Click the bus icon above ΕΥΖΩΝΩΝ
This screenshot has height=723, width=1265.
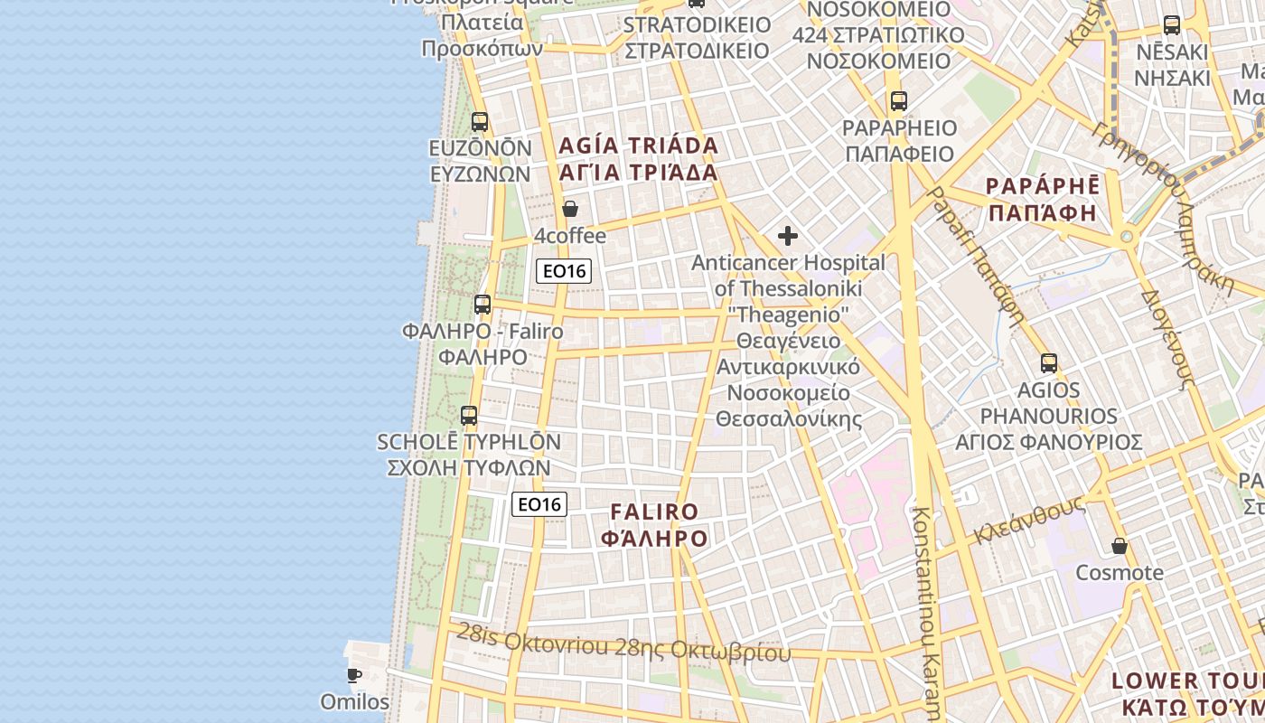coord(480,121)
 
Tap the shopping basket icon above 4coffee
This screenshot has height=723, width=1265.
coord(570,209)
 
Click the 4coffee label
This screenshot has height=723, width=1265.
coord(570,236)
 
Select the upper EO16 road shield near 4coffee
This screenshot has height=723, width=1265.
coord(564,270)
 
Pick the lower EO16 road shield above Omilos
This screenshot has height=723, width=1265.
coord(539,504)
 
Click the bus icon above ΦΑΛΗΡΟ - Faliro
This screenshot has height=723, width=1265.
coord(483,305)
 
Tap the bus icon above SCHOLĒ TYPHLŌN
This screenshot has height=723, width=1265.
coord(468,416)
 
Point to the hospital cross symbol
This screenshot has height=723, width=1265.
coord(788,236)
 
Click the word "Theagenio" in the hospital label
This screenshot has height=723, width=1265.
coord(789,315)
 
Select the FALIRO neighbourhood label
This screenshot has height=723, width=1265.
coord(654,512)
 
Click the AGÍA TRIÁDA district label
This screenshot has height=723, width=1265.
coord(638,146)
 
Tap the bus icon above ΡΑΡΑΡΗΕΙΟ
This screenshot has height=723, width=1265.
coord(898,101)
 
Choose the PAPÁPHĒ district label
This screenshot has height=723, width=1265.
coord(1042,186)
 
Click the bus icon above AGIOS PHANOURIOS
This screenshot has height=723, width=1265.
coord(1049,363)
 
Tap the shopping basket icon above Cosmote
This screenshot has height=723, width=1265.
coord(1120,546)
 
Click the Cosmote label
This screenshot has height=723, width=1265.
coord(1120,573)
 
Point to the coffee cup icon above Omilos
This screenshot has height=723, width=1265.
coord(354,675)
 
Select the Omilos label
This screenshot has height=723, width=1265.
coord(354,701)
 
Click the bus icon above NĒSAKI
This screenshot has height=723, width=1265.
coord(1172,25)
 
